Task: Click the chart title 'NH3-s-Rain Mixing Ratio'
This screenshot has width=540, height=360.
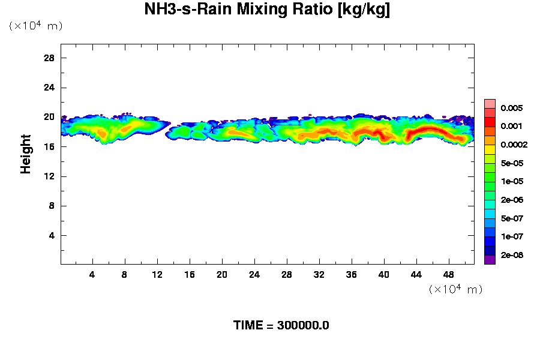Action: click(267, 10)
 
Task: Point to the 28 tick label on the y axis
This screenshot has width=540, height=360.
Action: click(49, 58)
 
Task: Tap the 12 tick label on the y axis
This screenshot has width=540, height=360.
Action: click(49, 176)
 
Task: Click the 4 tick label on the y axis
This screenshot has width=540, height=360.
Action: click(52, 235)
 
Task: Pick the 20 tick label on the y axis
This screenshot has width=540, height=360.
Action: click(49, 117)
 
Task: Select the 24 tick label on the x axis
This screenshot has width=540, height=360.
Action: click(254, 274)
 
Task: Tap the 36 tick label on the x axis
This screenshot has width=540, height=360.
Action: click(351, 274)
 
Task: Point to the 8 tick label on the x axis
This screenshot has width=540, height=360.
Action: click(125, 274)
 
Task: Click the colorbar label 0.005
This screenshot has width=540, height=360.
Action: click(512, 108)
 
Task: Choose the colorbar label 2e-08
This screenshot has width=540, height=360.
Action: click(512, 255)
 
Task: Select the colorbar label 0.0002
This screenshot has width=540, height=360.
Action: click(514, 145)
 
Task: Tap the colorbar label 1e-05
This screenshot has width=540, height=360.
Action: click(512, 181)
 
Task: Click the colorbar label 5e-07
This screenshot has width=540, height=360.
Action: click(512, 218)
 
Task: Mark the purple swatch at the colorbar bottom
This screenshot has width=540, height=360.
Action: click(490, 260)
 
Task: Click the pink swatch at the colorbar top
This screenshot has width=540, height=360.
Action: click(490, 103)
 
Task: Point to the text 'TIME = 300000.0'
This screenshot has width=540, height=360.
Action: click(281, 326)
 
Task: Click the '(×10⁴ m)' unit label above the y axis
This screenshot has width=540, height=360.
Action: click(35, 26)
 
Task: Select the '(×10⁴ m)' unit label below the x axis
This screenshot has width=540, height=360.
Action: click(455, 289)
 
